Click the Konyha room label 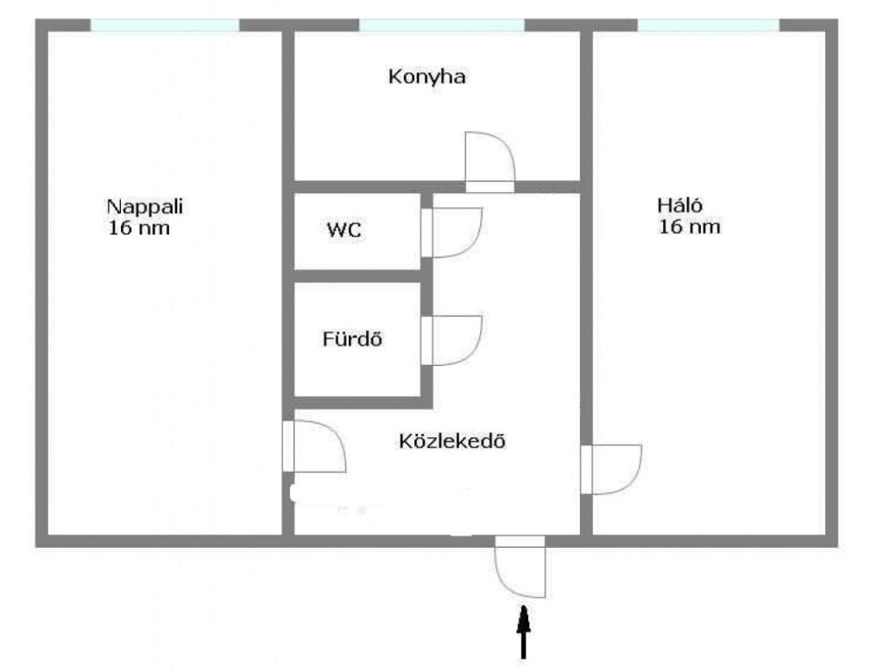point(426,77)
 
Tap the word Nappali point(145,207)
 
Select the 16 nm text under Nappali point(139,228)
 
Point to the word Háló point(680,204)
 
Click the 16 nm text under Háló point(690,226)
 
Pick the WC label point(344,229)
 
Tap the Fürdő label point(352,338)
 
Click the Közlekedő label point(452,441)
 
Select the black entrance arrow point(524,632)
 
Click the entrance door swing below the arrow point(521,567)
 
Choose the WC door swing point(451,233)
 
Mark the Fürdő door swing point(451,341)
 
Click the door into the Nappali point(314,446)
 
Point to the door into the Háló point(611,470)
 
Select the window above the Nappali point(165,25)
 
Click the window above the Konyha point(442,25)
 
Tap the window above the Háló point(709,25)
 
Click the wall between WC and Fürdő point(357,276)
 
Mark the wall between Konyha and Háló point(586,106)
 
